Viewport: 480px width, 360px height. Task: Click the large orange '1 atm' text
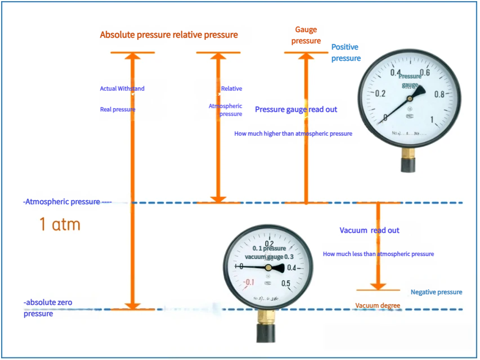click(x=60, y=224)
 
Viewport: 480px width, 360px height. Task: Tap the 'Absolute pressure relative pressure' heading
click(x=169, y=35)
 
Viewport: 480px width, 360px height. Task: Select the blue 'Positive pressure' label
click(x=346, y=52)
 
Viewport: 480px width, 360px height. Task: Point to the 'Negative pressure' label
click(x=436, y=292)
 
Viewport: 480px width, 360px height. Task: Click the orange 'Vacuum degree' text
click(x=378, y=305)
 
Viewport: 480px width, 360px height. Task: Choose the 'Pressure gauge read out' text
click(x=296, y=109)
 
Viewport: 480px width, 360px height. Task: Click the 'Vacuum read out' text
click(x=370, y=231)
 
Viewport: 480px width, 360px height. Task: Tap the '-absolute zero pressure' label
click(x=48, y=308)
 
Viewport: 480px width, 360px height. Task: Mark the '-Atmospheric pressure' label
click(x=62, y=201)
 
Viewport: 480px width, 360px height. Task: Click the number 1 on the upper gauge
click(x=432, y=119)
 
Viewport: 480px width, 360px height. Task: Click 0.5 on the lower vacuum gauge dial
click(x=286, y=283)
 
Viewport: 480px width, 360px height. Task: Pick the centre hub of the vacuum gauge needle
click(x=268, y=268)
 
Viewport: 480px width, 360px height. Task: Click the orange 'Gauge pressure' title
click(x=306, y=35)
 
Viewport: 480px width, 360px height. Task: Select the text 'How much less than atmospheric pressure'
click(x=378, y=254)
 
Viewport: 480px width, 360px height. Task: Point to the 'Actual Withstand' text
click(x=122, y=88)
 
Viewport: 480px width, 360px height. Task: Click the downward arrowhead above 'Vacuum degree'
click(x=378, y=285)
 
